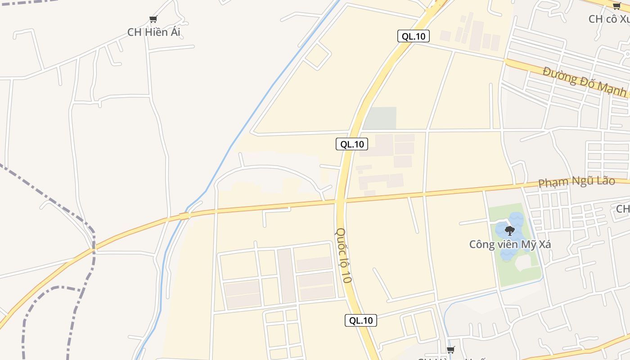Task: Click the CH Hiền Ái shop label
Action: pyautogui.click(x=153, y=32)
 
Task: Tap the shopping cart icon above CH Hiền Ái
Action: pyautogui.click(x=153, y=19)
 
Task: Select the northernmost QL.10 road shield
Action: pyautogui.click(x=413, y=36)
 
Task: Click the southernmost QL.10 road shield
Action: pyautogui.click(x=361, y=320)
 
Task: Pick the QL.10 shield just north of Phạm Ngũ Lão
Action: pyautogui.click(x=351, y=144)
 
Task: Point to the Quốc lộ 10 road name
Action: pyautogui.click(x=343, y=255)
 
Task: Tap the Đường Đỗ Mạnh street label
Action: pyautogui.click(x=585, y=81)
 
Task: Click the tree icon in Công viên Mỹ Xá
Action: pyautogui.click(x=509, y=231)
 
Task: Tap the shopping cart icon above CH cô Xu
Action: pyautogui.click(x=616, y=6)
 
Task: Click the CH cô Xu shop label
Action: pyautogui.click(x=609, y=19)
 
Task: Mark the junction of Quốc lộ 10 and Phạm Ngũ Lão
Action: pyautogui.click(x=340, y=201)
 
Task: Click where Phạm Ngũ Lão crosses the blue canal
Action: pyautogui.click(x=184, y=216)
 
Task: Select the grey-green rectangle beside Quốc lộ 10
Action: pyautogui.click(x=380, y=118)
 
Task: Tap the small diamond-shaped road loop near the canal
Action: pyautogui.click(x=318, y=56)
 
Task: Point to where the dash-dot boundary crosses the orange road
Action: pyautogui.click(x=94, y=247)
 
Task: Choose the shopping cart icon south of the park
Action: pyautogui.click(x=450, y=350)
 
